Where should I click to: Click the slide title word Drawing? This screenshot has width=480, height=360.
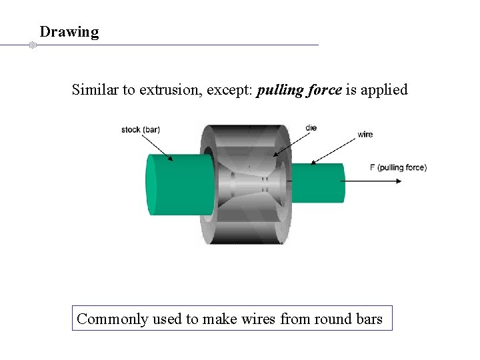(69, 32)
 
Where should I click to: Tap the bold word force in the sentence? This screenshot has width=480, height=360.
(324, 90)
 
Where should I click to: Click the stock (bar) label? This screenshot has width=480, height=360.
(140, 129)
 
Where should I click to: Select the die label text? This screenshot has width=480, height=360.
(311, 127)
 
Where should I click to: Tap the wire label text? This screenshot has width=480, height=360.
(365, 135)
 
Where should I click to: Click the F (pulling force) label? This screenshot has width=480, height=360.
(398, 167)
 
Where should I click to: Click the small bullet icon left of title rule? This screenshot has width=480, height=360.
(31, 45)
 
